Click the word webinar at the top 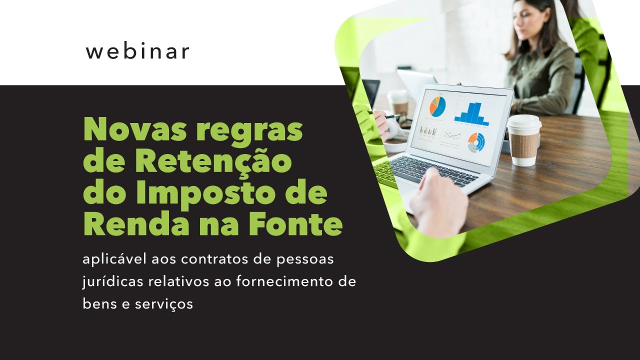(x=137, y=51)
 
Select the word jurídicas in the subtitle (x=112, y=281)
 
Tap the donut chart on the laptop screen (x=476, y=142)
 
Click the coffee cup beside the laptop (x=523, y=139)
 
